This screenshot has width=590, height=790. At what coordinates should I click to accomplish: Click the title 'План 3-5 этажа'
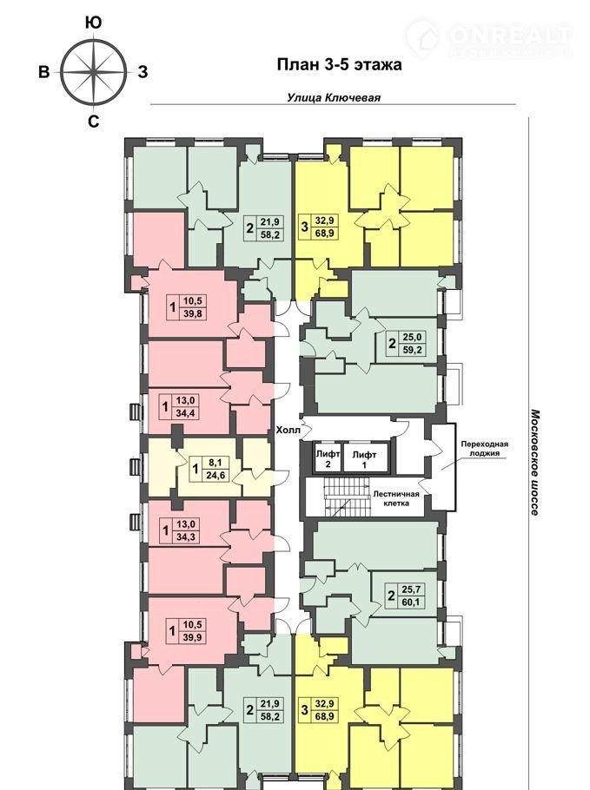point(340,65)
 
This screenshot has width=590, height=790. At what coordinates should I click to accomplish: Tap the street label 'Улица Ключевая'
point(334,98)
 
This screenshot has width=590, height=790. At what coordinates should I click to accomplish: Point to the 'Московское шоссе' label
point(535,463)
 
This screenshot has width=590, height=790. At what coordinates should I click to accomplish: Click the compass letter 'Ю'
point(93,23)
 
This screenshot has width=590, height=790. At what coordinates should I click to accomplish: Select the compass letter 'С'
point(93,122)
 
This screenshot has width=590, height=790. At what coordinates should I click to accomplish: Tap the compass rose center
point(94,72)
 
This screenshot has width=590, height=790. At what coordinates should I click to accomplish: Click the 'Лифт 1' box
point(364,458)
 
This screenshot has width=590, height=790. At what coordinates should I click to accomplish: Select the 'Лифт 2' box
point(328,458)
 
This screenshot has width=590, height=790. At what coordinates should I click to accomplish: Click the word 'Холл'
point(288,431)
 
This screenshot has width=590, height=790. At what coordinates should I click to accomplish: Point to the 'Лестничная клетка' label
point(396,498)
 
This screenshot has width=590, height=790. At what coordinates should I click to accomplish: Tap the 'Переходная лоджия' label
point(485,449)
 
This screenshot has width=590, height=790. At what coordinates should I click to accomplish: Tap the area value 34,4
point(185,413)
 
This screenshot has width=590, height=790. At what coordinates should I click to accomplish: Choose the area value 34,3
point(185,537)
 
